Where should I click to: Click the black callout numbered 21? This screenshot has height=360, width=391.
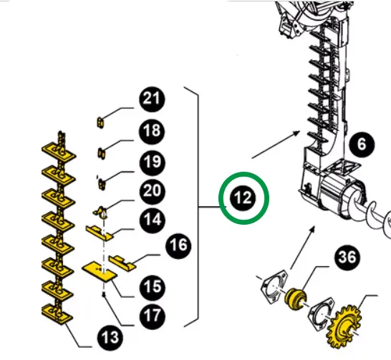click(x=152, y=99)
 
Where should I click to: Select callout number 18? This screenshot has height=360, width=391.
click(x=152, y=131)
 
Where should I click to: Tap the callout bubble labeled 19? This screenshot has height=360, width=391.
click(x=153, y=162)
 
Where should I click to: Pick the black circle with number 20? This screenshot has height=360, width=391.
click(x=153, y=191)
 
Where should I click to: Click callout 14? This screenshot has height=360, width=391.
click(x=153, y=220)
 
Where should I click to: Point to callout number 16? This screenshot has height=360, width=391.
click(x=178, y=245)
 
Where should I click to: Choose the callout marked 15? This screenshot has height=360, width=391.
click(x=153, y=287)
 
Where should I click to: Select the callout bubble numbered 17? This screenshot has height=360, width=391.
click(x=153, y=316)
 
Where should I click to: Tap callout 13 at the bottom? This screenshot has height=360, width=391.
click(x=110, y=338)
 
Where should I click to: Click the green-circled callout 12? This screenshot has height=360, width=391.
click(x=243, y=198)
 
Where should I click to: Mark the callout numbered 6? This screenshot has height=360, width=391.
click(x=362, y=145)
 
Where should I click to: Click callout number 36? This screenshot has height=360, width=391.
click(x=347, y=258)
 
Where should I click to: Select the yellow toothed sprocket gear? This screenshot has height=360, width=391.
click(x=344, y=326)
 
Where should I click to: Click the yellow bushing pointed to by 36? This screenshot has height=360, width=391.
click(x=296, y=298)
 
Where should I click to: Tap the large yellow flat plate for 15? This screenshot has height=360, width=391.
click(x=100, y=271)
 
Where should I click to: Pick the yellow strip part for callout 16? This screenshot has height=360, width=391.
click(x=122, y=263)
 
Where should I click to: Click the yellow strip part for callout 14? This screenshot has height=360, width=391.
click(x=99, y=233)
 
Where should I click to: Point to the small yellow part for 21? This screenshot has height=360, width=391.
click(x=100, y=122)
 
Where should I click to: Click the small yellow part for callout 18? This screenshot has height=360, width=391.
click(x=101, y=153)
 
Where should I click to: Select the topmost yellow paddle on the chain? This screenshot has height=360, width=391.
click(x=59, y=152)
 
